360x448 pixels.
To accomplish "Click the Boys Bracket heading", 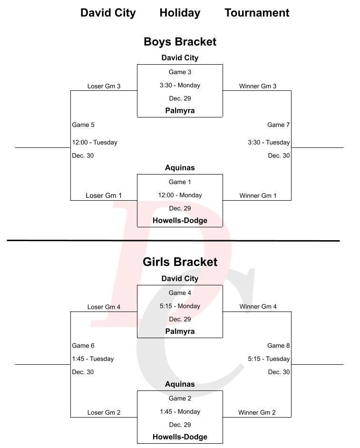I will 180,42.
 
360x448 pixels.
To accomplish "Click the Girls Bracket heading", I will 180,262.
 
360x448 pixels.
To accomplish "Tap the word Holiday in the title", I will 180,13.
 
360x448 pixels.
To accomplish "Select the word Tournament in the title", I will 257,13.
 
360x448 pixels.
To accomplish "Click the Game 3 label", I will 180,72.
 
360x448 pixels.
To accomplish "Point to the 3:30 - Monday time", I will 180,86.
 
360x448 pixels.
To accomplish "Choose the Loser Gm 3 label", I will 104,87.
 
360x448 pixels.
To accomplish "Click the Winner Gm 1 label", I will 258,196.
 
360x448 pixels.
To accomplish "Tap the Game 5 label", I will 83,125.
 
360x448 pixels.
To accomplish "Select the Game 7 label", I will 278,125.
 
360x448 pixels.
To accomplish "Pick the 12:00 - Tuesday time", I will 95,143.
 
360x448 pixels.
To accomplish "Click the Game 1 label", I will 180,182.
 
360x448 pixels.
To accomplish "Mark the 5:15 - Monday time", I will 180,306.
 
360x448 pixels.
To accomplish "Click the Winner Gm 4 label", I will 258,307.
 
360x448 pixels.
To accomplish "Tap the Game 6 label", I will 83,346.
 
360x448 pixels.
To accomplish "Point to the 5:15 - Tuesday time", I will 269,359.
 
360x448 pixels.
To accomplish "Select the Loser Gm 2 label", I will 104,413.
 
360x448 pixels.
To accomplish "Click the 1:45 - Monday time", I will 180,412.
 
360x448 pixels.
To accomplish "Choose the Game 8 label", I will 278,346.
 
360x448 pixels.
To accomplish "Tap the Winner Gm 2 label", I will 257,413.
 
